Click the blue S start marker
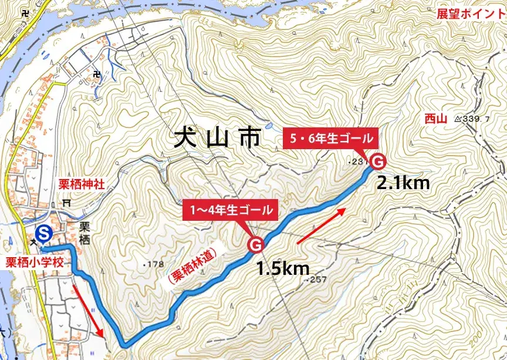pyautogui.click(x=43, y=233)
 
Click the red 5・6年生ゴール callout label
pyautogui.click(x=331, y=139)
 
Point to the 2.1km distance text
pyautogui.click(x=403, y=183)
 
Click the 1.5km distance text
pyautogui.click(x=283, y=268)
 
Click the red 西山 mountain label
pyautogui.click(x=435, y=119)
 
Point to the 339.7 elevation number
pyautogui.click(x=476, y=119)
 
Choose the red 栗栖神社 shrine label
pyautogui.click(x=81, y=184)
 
